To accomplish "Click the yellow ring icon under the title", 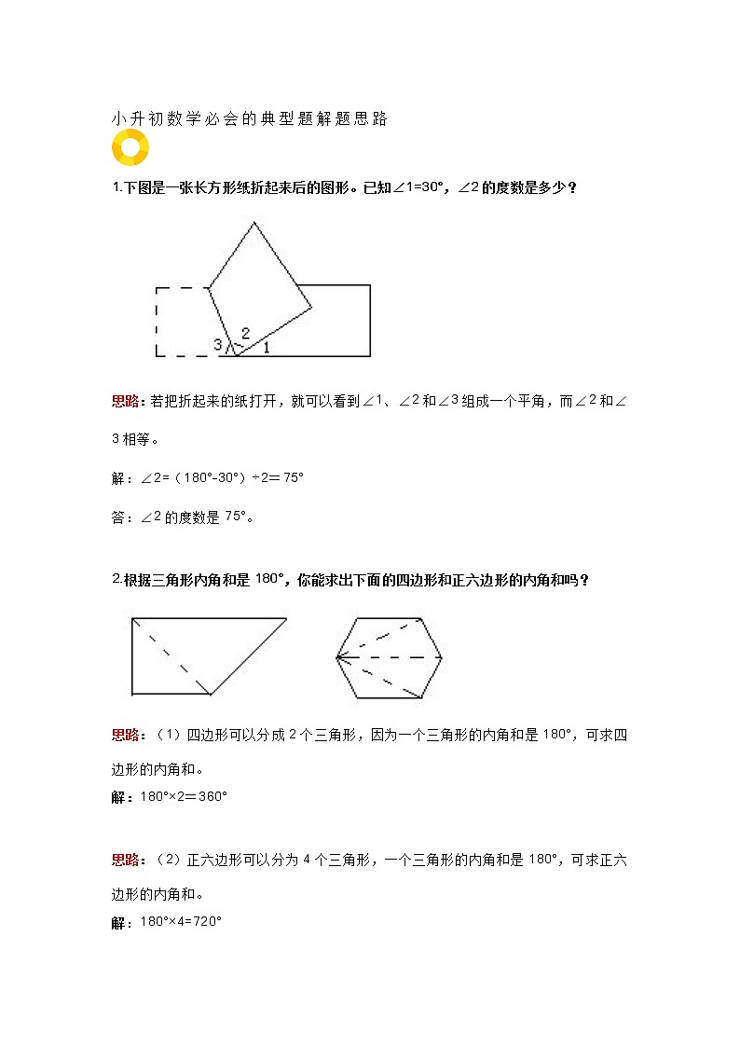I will coord(130,146).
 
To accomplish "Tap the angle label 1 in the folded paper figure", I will coord(266,348).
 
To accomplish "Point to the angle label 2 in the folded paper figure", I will coord(245,333).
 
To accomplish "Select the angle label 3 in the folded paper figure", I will coord(218,345).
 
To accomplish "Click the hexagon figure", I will coord(390,657).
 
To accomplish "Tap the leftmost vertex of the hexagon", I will coord(337,657).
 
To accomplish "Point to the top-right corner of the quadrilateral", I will coord(285,618).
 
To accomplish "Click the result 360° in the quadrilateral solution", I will coord(213,797).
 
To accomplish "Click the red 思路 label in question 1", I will coord(125,401).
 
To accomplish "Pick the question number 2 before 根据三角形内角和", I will coord(116,579).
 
